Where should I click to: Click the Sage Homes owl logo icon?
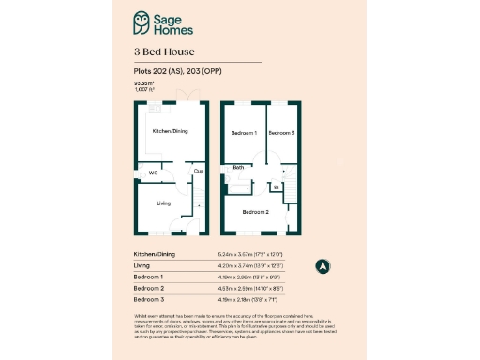coord(142,22)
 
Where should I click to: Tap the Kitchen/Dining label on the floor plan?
coord(171,131)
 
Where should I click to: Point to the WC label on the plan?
coord(152,172)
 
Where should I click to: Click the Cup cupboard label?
coord(198,171)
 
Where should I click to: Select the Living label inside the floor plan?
coord(163,202)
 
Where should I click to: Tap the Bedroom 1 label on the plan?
coord(244,133)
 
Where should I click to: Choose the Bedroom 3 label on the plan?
coord(281,133)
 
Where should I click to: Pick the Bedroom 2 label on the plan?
coord(256,213)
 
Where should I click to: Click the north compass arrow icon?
coord(321,266)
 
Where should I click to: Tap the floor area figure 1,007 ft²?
coord(144,91)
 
